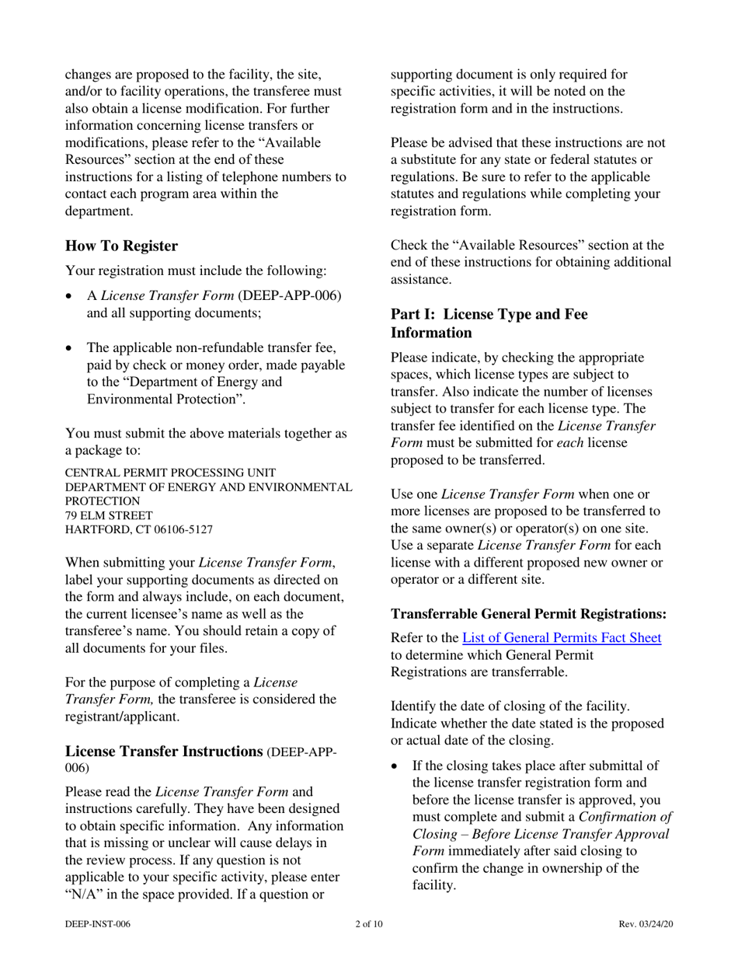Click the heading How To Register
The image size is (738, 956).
tap(121, 246)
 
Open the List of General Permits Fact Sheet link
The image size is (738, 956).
tap(562, 638)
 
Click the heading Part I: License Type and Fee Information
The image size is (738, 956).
tap(489, 323)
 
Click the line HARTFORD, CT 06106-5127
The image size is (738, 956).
tap(139, 529)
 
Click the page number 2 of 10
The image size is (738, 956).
tap(368, 924)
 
